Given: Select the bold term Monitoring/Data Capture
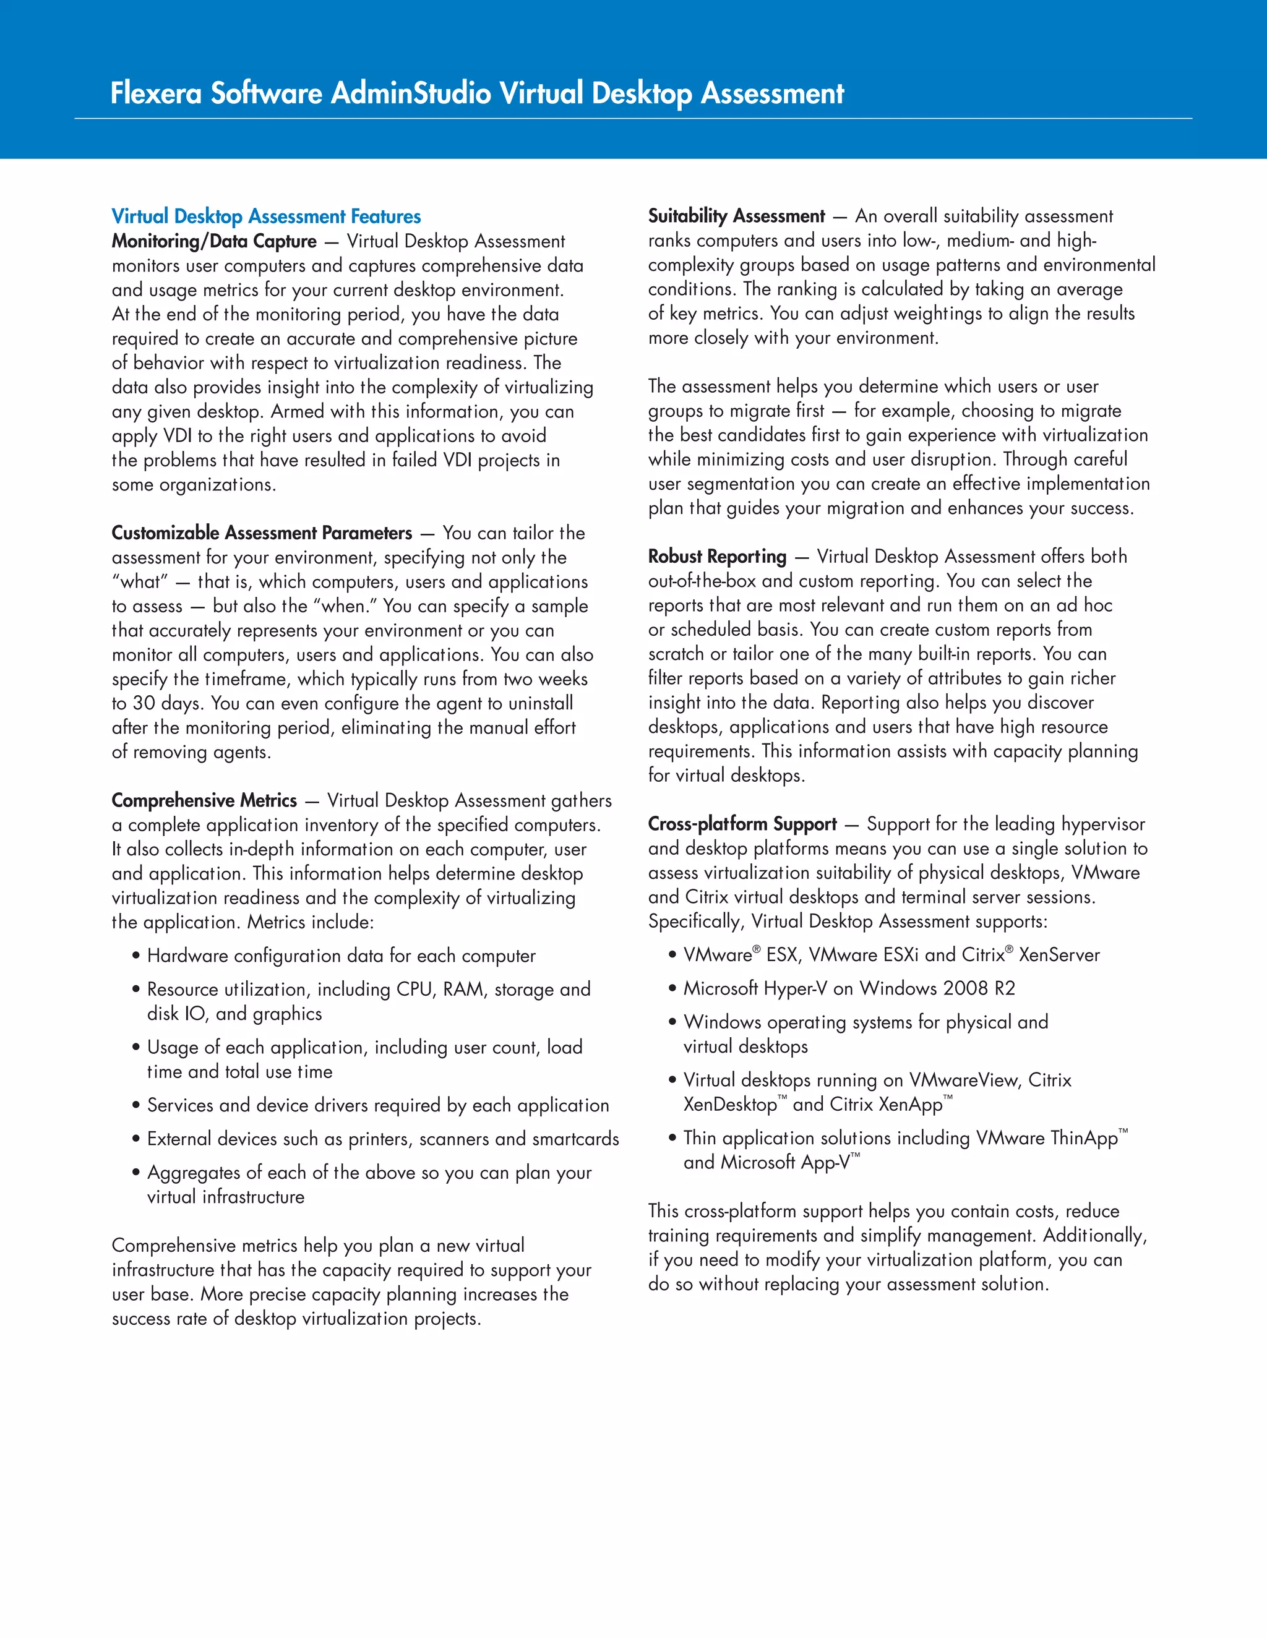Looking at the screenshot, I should click(x=214, y=242).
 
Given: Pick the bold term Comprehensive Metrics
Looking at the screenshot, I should click(x=204, y=801).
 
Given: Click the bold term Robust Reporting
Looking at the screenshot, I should click(x=717, y=557).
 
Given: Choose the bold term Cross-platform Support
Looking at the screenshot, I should click(x=742, y=824).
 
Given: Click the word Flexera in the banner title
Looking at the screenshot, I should click(x=156, y=94).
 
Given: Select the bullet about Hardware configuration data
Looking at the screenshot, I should click(x=341, y=956).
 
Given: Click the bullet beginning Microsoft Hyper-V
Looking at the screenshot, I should click(x=848, y=988).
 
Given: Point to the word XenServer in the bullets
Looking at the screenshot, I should click(x=1059, y=956).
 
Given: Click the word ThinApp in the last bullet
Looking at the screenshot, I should click(x=1084, y=1139).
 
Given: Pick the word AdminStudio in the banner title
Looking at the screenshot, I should click(x=411, y=94).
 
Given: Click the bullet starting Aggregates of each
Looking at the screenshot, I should click(x=369, y=1184).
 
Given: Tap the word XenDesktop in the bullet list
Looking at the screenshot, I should click(x=729, y=1105).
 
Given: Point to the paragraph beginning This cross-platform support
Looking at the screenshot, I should click(x=897, y=1247).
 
